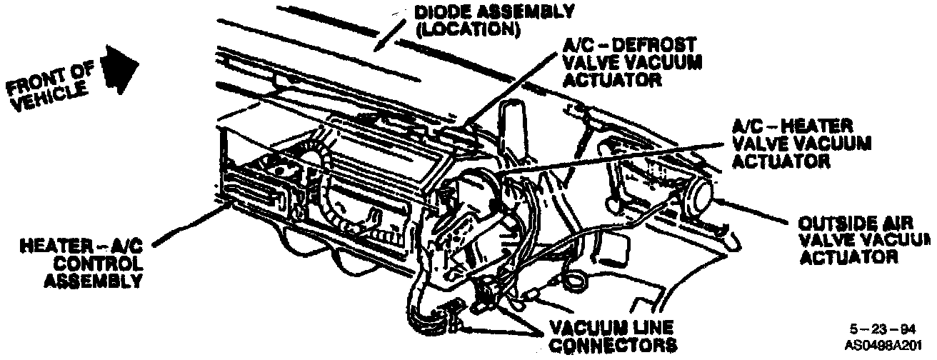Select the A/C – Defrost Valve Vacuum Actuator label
click(628, 61)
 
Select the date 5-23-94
click(881, 329)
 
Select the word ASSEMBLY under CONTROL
click(92, 279)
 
